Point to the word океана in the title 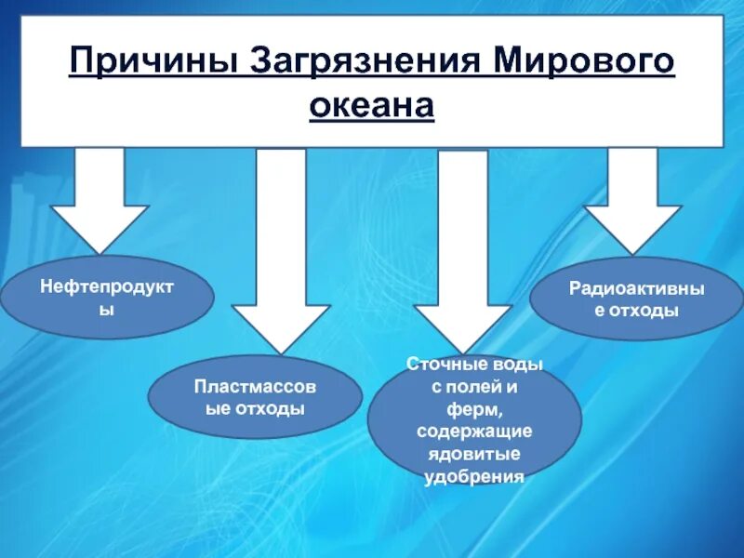coord(372,105)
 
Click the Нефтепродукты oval coord(107,298)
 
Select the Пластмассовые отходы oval coord(254,397)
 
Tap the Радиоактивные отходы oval coord(637,299)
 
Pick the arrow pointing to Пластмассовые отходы coord(280,251)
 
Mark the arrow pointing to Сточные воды coord(463,251)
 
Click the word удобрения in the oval coord(474,477)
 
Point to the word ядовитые coord(474,455)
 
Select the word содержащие coord(474,432)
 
